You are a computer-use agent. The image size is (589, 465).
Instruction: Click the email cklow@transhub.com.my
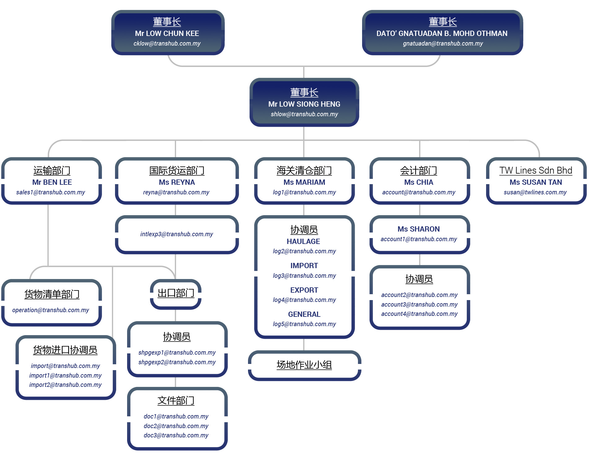pyautogui.click(x=167, y=43)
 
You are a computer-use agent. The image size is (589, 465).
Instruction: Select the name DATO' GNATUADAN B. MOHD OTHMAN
pyautogui.click(x=442, y=33)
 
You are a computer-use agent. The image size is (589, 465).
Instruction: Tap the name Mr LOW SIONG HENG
pyautogui.click(x=304, y=104)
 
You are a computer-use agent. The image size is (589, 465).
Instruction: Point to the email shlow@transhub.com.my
pyautogui.click(x=304, y=114)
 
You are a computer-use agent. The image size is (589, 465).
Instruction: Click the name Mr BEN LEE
pyautogui.click(x=52, y=182)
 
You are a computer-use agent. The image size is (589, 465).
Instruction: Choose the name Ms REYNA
pyautogui.click(x=177, y=182)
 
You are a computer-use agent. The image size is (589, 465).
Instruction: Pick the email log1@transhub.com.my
pyautogui.click(x=304, y=192)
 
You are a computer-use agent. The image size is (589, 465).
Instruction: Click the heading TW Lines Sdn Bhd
pyautogui.click(x=535, y=170)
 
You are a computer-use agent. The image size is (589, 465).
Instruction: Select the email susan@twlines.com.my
pyautogui.click(x=535, y=192)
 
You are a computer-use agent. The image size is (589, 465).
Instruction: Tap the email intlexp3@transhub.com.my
pyautogui.click(x=176, y=234)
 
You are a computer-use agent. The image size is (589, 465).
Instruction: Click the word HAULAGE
pyautogui.click(x=303, y=241)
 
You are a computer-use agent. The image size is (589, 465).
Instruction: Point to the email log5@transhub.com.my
pyautogui.click(x=304, y=324)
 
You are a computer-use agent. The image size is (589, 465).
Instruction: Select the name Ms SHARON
pyautogui.click(x=418, y=229)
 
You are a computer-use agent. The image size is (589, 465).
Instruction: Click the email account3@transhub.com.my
pyautogui.click(x=419, y=304)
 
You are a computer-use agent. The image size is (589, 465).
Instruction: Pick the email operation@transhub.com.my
pyautogui.click(x=51, y=310)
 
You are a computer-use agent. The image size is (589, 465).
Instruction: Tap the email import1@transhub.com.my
pyautogui.click(x=65, y=375)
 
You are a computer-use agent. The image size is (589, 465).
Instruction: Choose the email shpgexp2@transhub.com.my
pyautogui.click(x=177, y=362)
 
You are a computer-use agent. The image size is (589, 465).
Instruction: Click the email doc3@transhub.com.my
pyautogui.click(x=176, y=435)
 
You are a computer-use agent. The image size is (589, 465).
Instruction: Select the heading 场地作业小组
pyautogui.click(x=304, y=365)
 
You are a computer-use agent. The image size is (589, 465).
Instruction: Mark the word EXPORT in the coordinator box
pyautogui.click(x=304, y=290)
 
